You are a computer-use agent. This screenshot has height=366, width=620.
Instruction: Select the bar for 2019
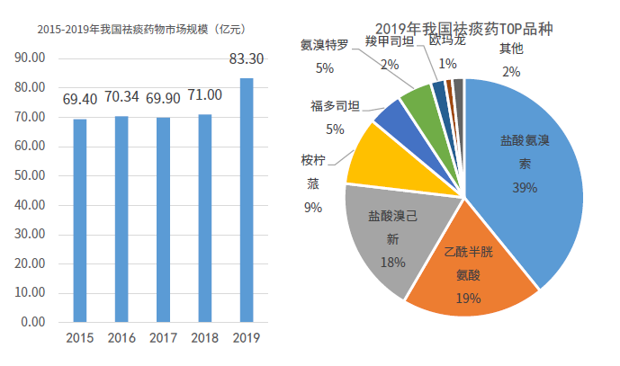246,200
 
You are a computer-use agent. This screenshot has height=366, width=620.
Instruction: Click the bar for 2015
80,220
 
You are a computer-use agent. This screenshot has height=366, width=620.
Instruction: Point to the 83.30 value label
247,59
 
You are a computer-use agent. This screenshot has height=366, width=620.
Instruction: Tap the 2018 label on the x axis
204,338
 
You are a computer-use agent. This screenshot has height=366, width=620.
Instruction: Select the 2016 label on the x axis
121,338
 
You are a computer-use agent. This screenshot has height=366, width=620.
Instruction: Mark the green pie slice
418,103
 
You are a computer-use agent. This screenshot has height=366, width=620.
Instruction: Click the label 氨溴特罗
325,46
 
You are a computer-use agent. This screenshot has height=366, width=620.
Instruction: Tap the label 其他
511,49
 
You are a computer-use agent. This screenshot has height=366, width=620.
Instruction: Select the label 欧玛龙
447,40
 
